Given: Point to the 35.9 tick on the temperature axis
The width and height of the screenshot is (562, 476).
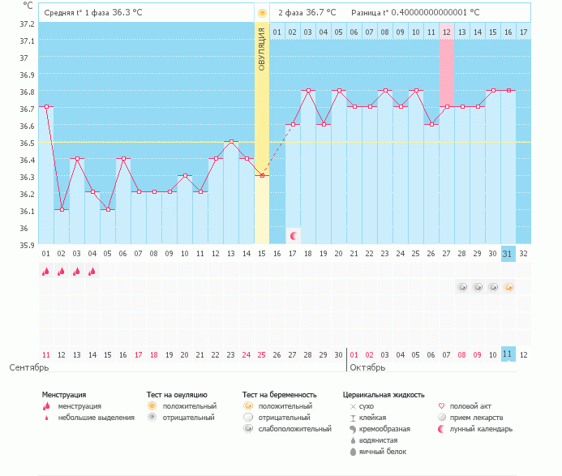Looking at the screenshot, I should pyautogui.click(x=27, y=245).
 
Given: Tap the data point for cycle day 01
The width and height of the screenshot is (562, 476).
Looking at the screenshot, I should pyautogui.click(x=46, y=106).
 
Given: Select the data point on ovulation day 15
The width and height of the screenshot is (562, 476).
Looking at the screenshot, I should pyautogui.click(x=261, y=175).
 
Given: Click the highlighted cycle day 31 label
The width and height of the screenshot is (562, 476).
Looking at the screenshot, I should pyautogui.click(x=508, y=253).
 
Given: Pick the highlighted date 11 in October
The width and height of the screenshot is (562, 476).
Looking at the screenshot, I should pyautogui.click(x=508, y=354).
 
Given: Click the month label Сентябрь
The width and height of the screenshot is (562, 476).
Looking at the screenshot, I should pyautogui.click(x=29, y=368).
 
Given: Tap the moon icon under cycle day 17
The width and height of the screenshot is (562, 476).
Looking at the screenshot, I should pyautogui.click(x=293, y=236).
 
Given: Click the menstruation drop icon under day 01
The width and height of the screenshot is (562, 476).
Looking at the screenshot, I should pyautogui.click(x=46, y=272).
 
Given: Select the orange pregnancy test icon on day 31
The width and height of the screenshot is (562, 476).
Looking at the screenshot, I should pyautogui.click(x=508, y=287).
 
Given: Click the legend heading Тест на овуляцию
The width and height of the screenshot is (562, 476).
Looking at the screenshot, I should pyautogui.click(x=176, y=395).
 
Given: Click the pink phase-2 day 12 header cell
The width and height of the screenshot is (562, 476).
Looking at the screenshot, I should pyautogui.click(x=446, y=32).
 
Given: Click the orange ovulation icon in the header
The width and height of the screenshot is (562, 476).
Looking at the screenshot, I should pyautogui.click(x=261, y=13).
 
